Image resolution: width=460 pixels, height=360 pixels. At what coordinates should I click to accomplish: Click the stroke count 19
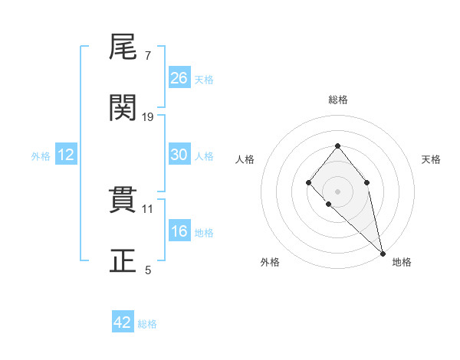pyautogui.click(x=148, y=117)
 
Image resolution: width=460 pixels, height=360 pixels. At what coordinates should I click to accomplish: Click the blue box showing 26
pyautogui.click(x=179, y=78)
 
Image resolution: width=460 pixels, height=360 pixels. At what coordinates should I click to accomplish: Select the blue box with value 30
pyautogui.click(x=179, y=155)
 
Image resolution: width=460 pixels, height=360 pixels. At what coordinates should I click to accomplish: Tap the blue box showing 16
pyautogui.click(x=179, y=231)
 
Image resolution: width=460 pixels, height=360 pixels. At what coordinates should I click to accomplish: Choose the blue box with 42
pyautogui.click(x=123, y=322)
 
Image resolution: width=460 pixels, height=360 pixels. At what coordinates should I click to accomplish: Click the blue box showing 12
pyautogui.click(x=65, y=155)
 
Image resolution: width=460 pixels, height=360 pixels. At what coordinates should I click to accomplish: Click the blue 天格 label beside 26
pyautogui.click(x=204, y=80)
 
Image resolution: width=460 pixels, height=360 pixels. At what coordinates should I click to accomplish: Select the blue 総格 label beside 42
pyautogui.click(x=147, y=324)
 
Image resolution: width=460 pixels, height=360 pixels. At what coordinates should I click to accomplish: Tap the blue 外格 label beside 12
pyautogui.click(x=41, y=156)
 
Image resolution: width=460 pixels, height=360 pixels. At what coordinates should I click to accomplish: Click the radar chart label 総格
pyautogui.click(x=338, y=100)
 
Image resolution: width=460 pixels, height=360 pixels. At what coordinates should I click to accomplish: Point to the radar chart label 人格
pyautogui.click(x=245, y=159)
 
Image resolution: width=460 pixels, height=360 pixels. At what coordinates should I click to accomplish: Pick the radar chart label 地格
pyautogui.click(x=402, y=262)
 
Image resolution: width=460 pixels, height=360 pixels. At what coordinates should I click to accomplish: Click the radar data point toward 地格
pyautogui.click(x=383, y=253)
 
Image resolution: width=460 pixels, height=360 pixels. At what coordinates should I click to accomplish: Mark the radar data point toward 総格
pyautogui.click(x=337, y=146)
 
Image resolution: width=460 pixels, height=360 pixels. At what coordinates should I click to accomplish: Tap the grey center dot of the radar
pyautogui.click(x=337, y=191)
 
